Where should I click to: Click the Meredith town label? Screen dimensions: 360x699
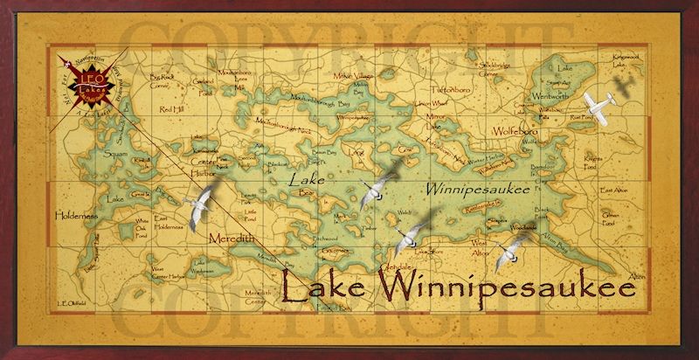[229, 238]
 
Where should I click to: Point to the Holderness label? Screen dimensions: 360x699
[79, 212]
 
